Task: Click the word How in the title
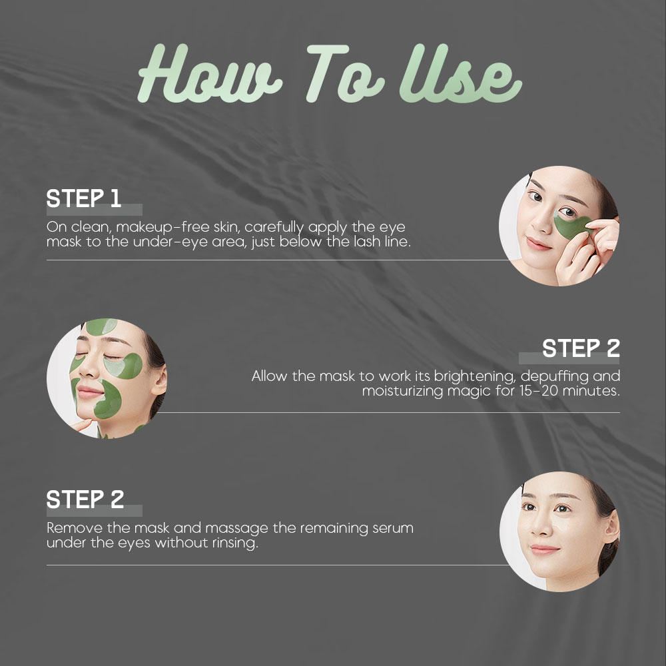[x=210, y=73]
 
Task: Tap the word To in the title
[x=345, y=73]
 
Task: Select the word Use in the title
[x=460, y=73]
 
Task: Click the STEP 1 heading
[x=84, y=198]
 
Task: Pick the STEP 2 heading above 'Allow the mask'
[x=581, y=348]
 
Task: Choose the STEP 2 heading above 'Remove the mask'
[x=85, y=499]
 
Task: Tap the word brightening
[x=475, y=377]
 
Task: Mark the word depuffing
[x=554, y=377]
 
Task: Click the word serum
[x=393, y=528]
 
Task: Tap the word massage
[x=236, y=529]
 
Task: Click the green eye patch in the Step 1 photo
[x=571, y=226]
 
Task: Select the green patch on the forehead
[x=101, y=326]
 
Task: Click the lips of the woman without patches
[x=545, y=550]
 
